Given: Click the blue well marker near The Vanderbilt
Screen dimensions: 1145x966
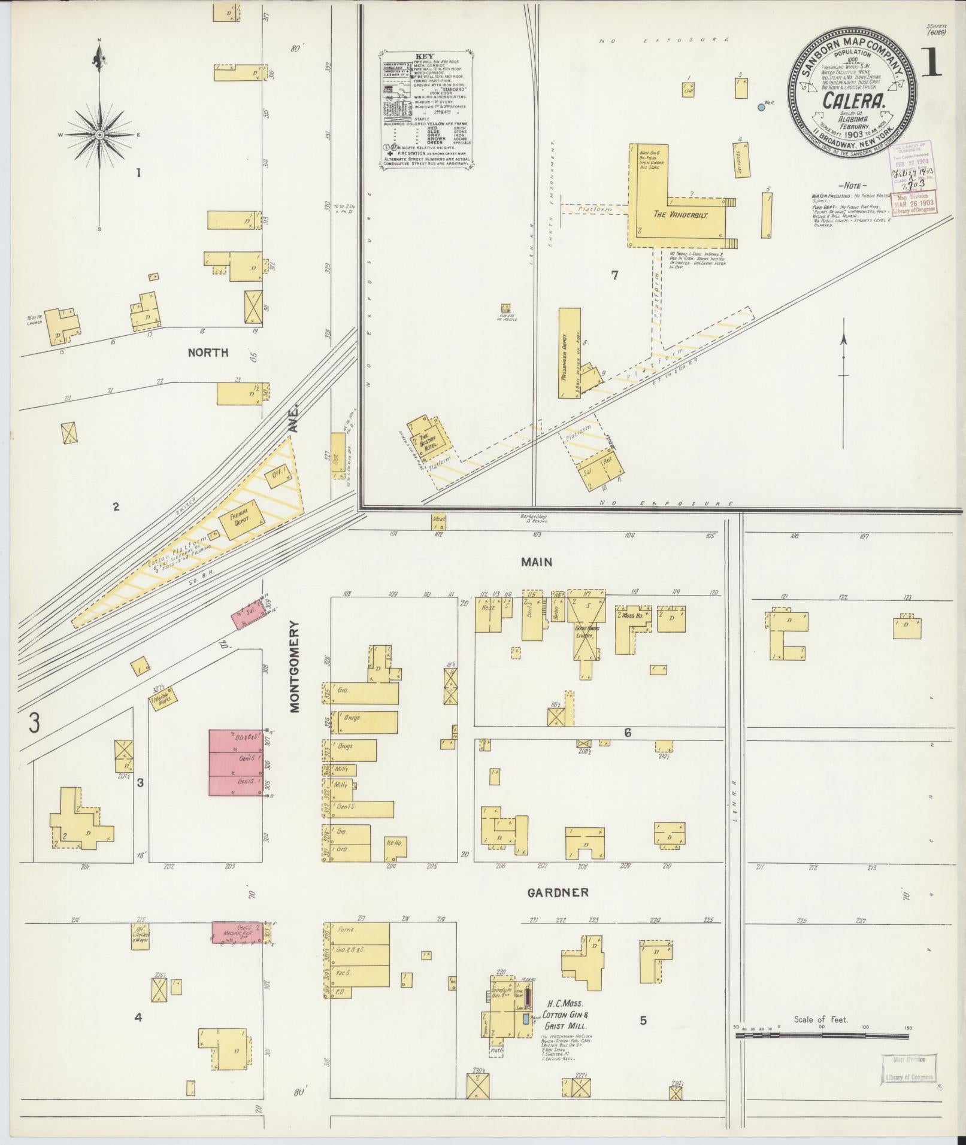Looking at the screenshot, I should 761,107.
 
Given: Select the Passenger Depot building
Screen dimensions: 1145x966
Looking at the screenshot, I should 570,353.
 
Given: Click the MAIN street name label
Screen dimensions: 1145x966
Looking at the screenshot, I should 536,562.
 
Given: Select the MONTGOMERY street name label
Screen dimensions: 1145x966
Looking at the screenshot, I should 295,666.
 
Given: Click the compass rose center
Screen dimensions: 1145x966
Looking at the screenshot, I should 99,135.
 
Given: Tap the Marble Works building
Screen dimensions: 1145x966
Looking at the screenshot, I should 161,701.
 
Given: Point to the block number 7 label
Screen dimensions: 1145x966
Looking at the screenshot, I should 614,275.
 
